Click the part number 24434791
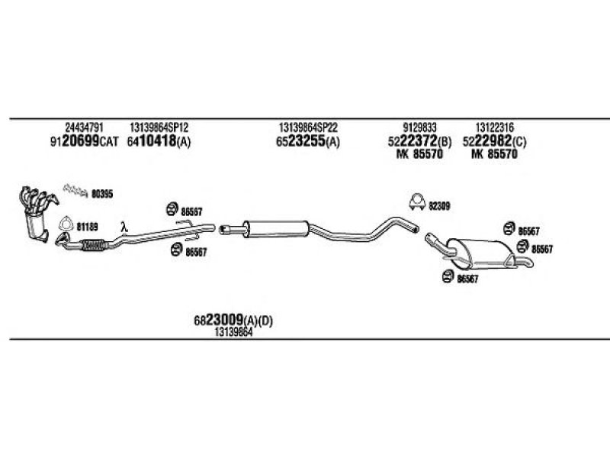click(x=84, y=127)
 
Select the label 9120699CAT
click(x=84, y=141)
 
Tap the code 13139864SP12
click(x=159, y=127)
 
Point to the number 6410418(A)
click(x=159, y=141)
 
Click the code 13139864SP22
click(x=308, y=127)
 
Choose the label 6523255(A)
click(x=308, y=141)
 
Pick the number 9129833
click(x=420, y=127)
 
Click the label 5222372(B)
click(x=420, y=141)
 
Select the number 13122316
click(x=494, y=127)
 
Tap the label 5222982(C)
click(x=494, y=141)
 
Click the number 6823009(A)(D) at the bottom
click(x=233, y=321)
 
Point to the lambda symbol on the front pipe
click(x=124, y=227)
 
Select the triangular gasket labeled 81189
click(x=66, y=224)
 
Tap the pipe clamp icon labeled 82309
click(x=417, y=202)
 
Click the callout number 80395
click(x=102, y=194)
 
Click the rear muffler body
click(x=483, y=253)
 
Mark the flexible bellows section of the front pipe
click(x=93, y=245)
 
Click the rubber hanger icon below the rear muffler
click(x=448, y=276)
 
